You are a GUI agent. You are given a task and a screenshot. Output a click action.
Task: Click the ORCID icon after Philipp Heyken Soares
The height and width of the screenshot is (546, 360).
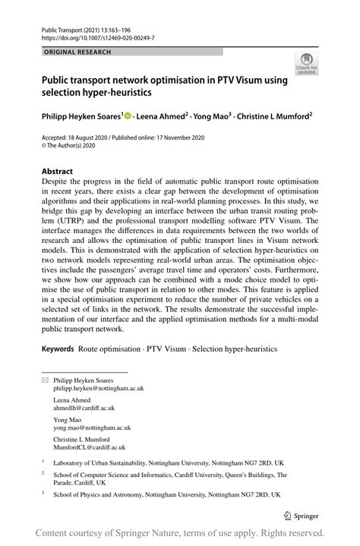(128, 117)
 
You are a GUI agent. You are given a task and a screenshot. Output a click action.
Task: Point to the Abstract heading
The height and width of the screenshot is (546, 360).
(57, 172)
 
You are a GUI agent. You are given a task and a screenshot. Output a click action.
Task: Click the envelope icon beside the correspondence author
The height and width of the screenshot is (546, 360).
(44, 378)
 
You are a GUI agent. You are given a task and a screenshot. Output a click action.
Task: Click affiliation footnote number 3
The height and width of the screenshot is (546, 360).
(43, 493)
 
